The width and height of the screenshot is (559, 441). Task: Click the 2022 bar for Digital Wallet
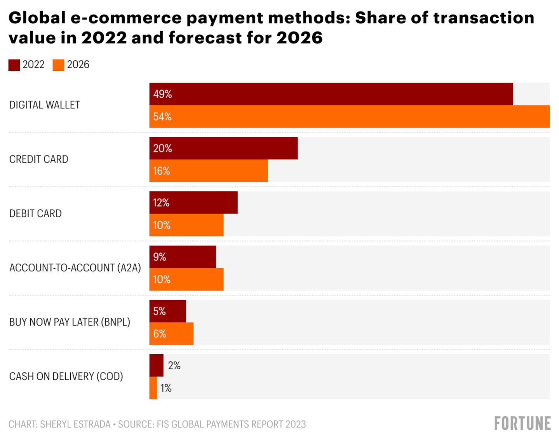click(331, 94)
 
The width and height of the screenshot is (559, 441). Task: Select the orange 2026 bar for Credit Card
click(209, 171)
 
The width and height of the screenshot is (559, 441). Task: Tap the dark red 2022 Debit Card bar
click(193, 203)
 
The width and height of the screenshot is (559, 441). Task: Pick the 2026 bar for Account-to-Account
click(186, 279)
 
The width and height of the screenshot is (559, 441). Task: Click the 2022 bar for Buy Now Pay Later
click(168, 311)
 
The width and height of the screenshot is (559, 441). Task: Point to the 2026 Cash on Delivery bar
click(153, 388)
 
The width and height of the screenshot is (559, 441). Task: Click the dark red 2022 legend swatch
click(14, 65)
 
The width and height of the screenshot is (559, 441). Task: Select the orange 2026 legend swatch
click(58, 65)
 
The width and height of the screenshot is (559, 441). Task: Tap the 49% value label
click(162, 94)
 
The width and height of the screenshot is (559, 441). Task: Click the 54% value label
click(162, 117)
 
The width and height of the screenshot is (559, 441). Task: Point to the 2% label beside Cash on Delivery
click(174, 366)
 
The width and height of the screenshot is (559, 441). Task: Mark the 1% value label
click(166, 388)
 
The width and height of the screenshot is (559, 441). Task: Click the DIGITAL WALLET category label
click(45, 105)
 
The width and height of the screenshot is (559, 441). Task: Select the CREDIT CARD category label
click(39, 159)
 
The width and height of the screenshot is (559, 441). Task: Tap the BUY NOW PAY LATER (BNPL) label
click(70, 322)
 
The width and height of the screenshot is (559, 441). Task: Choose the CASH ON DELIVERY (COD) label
click(66, 376)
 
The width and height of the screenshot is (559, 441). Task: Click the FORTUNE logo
click(522, 423)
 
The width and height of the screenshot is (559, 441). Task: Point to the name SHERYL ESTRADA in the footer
click(75, 424)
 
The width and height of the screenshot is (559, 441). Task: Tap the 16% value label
click(162, 171)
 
